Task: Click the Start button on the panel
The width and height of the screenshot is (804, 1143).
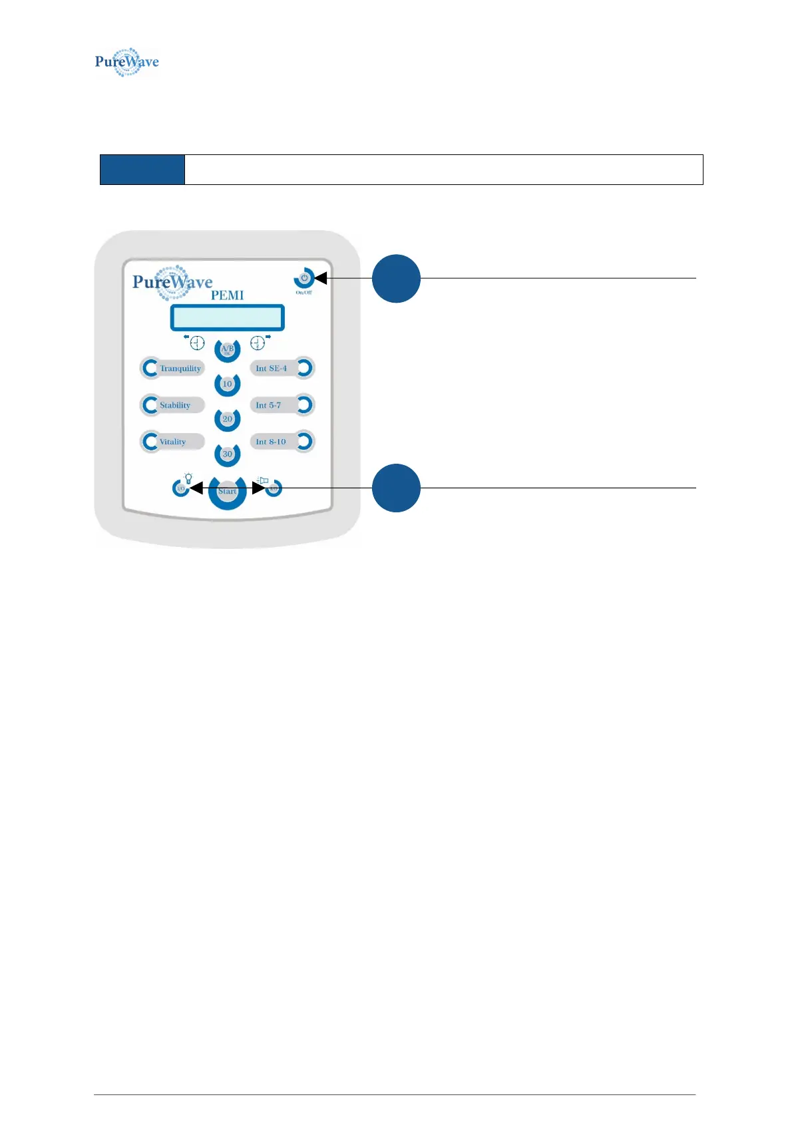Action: (227, 491)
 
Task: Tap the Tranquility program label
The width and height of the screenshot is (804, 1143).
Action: (180, 368)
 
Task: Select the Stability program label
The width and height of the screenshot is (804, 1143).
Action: (175, 405)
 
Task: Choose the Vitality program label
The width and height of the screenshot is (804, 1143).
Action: (172, 442)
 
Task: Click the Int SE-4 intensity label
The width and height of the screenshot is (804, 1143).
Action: (272, 368)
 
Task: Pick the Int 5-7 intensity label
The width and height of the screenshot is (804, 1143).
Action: (268, 405)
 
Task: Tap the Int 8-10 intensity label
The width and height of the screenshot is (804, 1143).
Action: (271, 442)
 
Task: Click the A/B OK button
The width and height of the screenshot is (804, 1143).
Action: (227, 349)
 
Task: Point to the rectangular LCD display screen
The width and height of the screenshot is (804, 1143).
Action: (227, 317)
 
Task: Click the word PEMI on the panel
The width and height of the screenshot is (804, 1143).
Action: (227, 295)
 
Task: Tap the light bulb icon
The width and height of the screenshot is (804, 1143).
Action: (188, 477)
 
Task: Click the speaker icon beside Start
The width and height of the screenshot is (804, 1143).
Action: (262, 480)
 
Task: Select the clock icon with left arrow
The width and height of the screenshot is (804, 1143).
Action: (196, 343)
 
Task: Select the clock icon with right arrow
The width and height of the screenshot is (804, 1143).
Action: (258, 343)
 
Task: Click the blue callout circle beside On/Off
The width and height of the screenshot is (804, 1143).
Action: (396, 279)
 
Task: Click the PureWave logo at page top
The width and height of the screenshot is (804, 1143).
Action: (126, 62)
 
